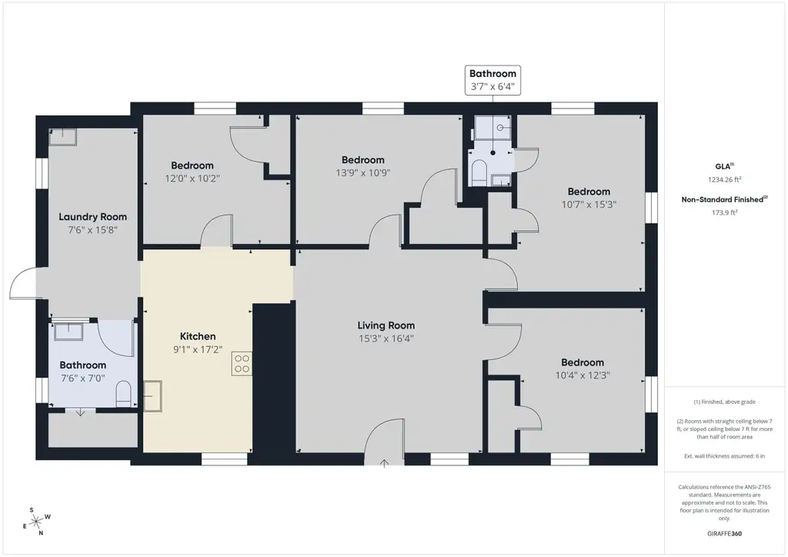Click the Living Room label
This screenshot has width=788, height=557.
point(386,325)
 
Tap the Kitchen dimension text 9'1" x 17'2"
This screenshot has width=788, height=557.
point(198,349)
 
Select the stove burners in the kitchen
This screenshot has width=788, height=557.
point(242,364)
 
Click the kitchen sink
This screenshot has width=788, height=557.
point(153,396)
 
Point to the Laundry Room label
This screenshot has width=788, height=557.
point(92,217)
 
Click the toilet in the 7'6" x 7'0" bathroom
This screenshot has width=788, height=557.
point(124,394)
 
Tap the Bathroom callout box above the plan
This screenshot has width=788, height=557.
point(492,80)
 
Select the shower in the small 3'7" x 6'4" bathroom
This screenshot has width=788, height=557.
point(493,128)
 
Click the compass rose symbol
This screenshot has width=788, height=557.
point(36,522)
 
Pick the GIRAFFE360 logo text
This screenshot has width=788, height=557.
point(724,533)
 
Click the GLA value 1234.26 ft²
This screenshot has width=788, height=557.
point(724,179)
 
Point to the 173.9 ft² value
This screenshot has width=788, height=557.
point(724,212)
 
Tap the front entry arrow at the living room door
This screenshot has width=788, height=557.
point(385,463)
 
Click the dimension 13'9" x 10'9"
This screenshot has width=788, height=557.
point(363,173)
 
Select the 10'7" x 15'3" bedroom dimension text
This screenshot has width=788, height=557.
point(589,205)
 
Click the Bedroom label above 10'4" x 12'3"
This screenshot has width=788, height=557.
point(583,362)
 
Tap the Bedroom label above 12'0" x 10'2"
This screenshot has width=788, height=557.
point(192,165)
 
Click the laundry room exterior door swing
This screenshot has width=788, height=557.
point(22,283)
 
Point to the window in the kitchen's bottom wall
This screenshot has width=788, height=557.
point(225,459)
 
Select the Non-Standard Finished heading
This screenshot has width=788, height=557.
point(724,199)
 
